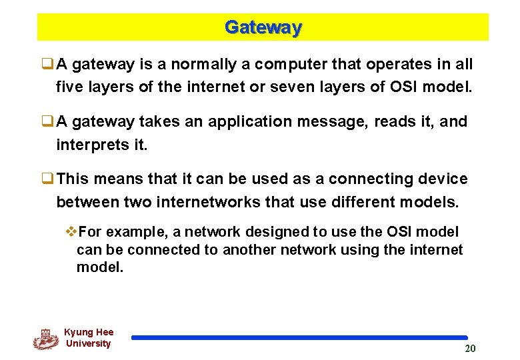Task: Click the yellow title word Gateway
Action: tap(263, 27)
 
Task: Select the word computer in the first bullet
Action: tap(283, 65)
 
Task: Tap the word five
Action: tap(69, 86)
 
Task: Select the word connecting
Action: tap(361, 179)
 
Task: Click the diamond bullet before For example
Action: tap(72, 232)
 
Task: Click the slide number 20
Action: tap(470, 348)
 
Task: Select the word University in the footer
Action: tap(88, 344)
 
